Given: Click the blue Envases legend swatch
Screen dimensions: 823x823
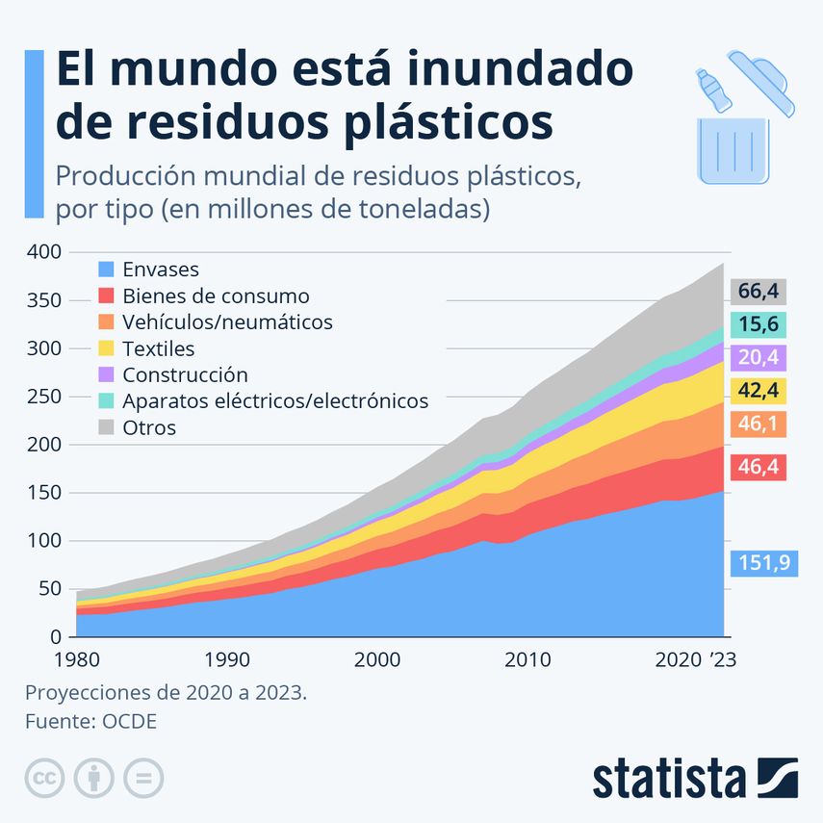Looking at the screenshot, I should click(x=107, y=270).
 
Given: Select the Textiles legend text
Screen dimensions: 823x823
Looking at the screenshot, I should click(x=159, y=348).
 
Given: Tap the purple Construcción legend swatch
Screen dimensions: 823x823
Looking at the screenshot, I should click(x=107, y=375).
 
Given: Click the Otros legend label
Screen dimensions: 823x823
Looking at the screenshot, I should click(x=149, y=427).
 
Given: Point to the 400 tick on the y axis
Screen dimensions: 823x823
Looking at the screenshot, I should click(x=45, y=252).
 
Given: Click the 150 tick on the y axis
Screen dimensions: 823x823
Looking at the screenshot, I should click(x=45, y=493).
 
